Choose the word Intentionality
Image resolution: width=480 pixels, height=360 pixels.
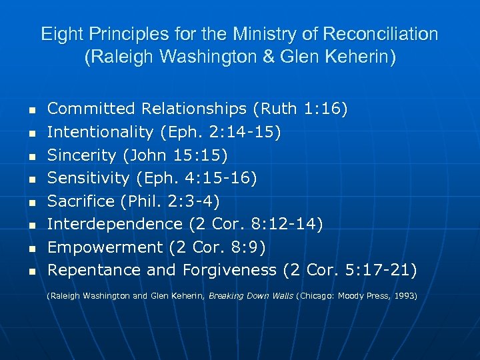[x=101, y=133]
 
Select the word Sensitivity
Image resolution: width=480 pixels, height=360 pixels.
[x=89, y=178]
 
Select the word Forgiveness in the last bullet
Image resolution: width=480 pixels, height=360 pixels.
[x=227, y=270]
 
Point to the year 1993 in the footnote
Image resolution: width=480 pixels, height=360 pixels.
[x=405, y=295]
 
